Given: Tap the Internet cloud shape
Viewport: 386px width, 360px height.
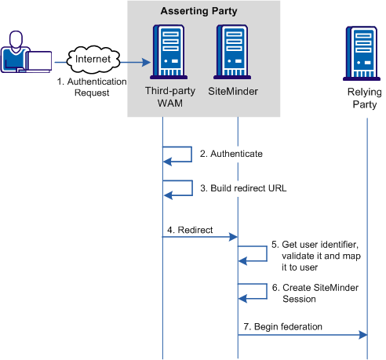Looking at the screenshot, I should click(x=93, y=58).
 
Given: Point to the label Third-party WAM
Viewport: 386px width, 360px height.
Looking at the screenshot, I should click(x=163, y=97).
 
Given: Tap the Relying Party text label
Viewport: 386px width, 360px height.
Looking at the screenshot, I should click(x=363, y=97).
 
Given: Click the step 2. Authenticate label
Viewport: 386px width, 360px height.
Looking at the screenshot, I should click(x=231, y=155).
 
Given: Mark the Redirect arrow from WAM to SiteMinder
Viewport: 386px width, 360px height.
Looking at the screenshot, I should click(x=200, y=238).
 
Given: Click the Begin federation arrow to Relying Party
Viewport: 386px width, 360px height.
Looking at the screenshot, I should click(x=302, y=335).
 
